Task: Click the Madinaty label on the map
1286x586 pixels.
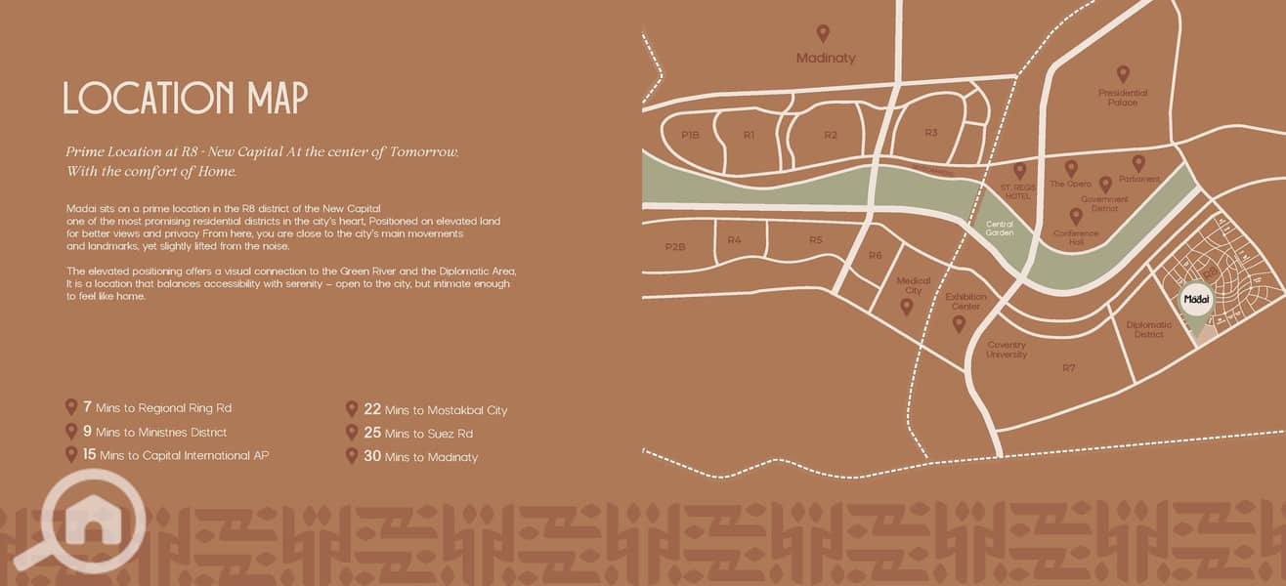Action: (826, 58)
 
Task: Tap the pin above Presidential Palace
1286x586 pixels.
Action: (1123, 73)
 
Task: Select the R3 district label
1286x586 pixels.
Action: (930, 133)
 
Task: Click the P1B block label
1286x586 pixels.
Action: (691, 135)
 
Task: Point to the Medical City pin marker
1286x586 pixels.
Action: (906, 307)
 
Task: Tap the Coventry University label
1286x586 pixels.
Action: (1007, 350)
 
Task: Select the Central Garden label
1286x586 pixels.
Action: (1000, 229)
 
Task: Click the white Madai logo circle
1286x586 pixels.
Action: (1196, 300)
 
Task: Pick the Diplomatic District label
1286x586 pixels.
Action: (1148, 329)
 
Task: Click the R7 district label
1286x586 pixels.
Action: (1068, 367)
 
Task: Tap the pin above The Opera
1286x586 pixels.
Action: (1071, 168)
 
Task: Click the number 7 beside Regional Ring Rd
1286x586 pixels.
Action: (87, 407)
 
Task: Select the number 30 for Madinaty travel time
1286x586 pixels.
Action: (371, 456)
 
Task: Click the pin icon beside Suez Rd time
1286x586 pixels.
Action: (352, 432)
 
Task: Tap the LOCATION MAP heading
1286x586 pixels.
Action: (186, 99)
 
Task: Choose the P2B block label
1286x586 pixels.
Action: (675, 247)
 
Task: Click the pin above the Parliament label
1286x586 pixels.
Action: (1138, 163)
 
